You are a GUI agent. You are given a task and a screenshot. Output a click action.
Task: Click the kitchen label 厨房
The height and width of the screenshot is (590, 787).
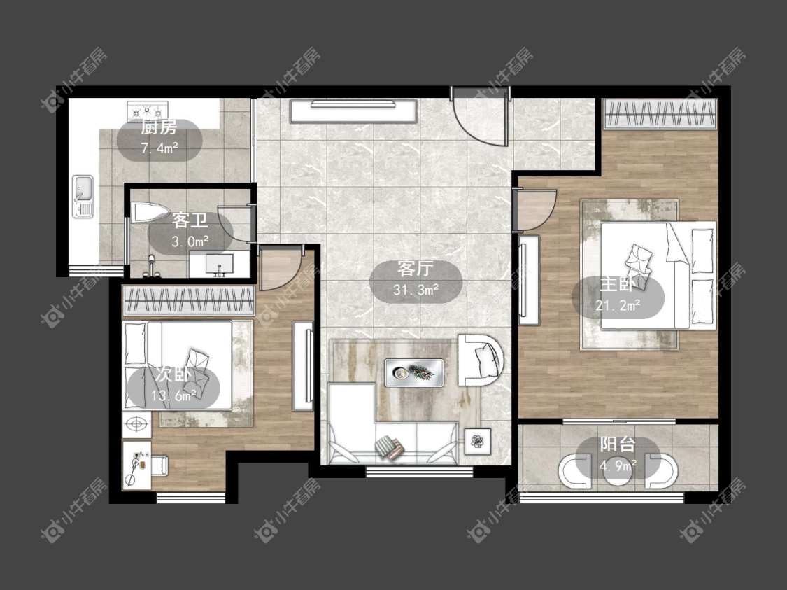pyautogui.click(x=159, y=128)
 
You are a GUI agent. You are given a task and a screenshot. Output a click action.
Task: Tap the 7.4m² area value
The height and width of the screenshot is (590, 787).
pyautogui.click(x=159, y=148)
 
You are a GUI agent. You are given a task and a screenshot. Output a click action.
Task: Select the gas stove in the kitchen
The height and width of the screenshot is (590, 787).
pyautogui.click(x=148, y=111)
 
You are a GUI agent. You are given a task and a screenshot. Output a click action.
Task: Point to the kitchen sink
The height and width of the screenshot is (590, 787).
pyautogui.click(x=83, y=197)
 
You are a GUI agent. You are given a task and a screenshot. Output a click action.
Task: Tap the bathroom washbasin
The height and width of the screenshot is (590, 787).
pyautogui.click(x=220, y=264)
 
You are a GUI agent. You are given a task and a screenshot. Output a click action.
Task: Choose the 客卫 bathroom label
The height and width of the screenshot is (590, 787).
pyautogui.click(x=190, y=220)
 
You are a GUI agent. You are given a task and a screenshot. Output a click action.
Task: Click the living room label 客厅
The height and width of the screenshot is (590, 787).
pyautogui.click(x=415, y=269)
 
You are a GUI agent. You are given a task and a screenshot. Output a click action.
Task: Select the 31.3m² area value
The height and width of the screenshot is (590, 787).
pyautogui.click(x=416, y=290)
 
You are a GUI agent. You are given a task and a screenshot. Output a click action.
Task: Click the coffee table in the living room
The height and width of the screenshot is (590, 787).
pyautogui.click(x=414, y=372)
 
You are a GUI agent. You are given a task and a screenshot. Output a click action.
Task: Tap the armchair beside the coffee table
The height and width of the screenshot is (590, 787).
pyautogui.click(x=481, y=360)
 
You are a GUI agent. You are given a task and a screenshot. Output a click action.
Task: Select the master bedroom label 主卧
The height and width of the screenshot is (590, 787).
pyautogui.click(x=617, y=283)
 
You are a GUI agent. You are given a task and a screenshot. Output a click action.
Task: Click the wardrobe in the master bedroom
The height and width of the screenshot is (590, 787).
pyautogui.click(x=660, y=114)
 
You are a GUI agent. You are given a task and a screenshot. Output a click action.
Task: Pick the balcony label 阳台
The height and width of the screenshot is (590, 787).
pyautogui.click(x=618, y=444)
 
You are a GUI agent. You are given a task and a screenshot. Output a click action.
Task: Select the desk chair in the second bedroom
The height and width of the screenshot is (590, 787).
pyautogui.click(x=160, y=465)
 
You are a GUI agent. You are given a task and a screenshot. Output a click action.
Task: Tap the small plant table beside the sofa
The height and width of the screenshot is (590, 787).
pyautogui.click(x=478, y=442)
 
